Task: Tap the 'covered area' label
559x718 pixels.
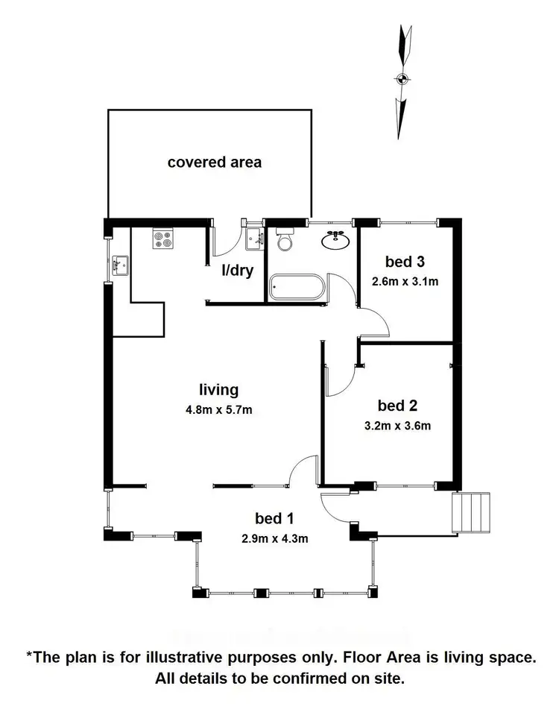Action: click(x=215, y=162)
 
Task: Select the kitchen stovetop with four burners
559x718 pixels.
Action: click(x=162, y=238)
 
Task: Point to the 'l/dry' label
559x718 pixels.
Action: click(x=237, y=271)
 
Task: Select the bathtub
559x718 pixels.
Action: click(x=297, y=288)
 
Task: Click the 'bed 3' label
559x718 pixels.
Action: click(x=405, y=262)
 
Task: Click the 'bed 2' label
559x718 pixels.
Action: click(x=397, y=406)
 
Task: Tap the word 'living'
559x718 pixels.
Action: click(x=218, y=389)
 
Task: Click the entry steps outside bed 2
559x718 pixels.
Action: click(x=472, y=512)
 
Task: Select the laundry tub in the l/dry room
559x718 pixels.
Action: click(x=254, y=238)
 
